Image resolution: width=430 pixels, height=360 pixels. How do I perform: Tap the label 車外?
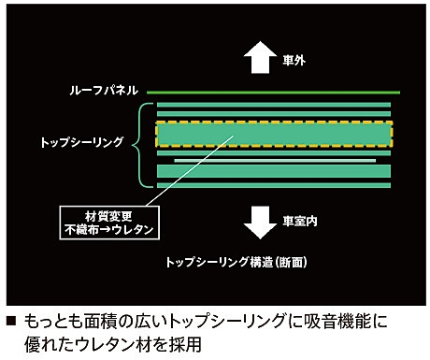click(294, 59)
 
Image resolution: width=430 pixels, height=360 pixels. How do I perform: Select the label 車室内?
click(300, 222)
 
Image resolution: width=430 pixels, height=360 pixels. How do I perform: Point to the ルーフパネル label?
click(104, 91)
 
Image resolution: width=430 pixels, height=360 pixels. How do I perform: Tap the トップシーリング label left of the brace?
click(83, 144)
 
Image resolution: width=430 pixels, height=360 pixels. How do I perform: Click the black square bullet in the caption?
click(11, 321)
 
